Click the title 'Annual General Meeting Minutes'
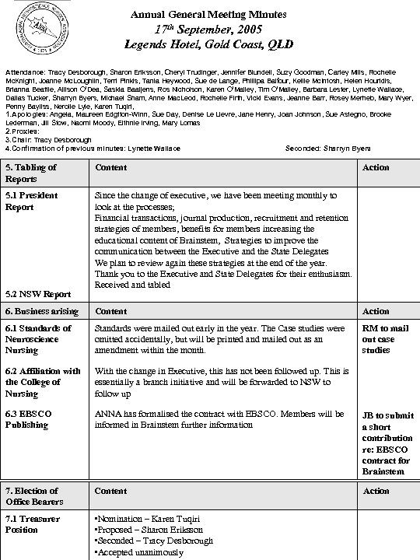(x=208, y=15)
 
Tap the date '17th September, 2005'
(x=208, y=30)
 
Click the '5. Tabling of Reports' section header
(x=31, y=173)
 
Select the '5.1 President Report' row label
(x=32, y=201)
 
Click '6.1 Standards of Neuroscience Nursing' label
(x=39, y=339)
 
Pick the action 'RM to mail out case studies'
(x=385, y=339)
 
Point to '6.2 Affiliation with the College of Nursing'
(x=43, y=382)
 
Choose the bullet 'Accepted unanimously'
(x=138, y=553)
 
